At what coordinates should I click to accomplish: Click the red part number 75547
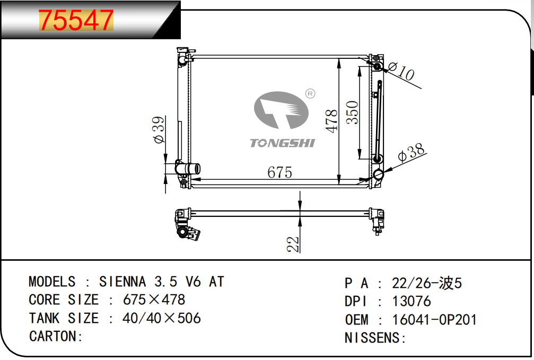click(x=76, y=20)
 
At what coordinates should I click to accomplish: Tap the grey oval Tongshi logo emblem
click(x=281, y=110)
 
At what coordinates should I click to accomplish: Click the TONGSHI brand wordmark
click(x=282, y=143)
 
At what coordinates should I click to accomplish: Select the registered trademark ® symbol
click(x=310, y=94)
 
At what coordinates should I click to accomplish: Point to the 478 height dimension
click(x=331, y=121)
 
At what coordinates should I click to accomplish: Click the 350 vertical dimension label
click(x=353, y=112)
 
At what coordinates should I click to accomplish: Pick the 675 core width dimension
click(x=279, y=172)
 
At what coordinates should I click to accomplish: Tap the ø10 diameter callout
click(x=401, y=71)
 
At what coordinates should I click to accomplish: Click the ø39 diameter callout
click(x=159, y=130)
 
